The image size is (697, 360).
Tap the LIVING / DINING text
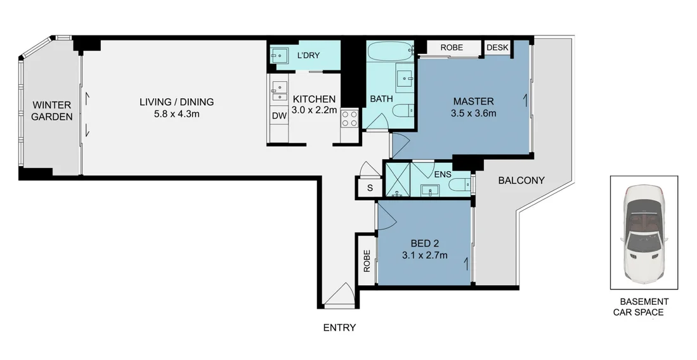[x=177, y=101]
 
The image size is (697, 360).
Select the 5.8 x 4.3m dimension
[x=177, y=115]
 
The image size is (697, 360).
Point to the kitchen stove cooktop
[x=349, y=118]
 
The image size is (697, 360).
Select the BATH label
[x=381, y=99]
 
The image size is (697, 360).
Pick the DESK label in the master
[x=498, y=48]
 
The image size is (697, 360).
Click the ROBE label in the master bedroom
[x=452, y=48]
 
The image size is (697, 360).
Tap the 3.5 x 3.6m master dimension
[x=473, y=114]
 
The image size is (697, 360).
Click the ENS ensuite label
[x=443, y=174]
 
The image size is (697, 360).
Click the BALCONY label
[x=521, y=181]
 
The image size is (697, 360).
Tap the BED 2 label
[x=424, y=243]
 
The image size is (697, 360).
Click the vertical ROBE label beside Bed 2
[x=367, y=261]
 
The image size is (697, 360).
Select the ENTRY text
[x=339, y=328]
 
